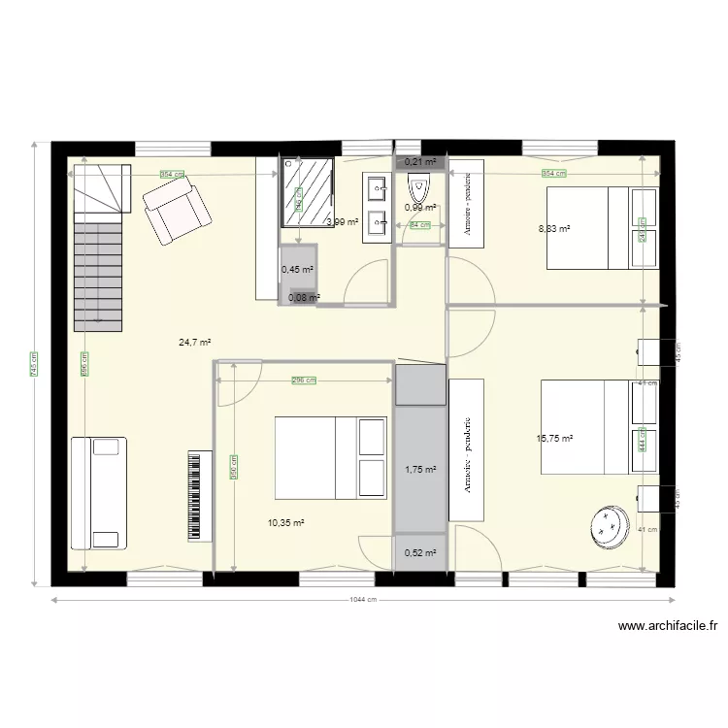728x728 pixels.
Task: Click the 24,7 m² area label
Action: [195, 342]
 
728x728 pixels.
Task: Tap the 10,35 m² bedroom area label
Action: [285, 522]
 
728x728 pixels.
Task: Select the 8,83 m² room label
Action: [554, 229]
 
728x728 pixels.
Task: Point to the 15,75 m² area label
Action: [554, 438]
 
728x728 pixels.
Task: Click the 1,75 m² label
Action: [419, 470]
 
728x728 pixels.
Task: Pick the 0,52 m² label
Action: [419, 553]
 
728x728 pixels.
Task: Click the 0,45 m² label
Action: [297, 270]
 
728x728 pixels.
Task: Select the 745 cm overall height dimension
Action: [35, 364]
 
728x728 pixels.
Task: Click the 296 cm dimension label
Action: [304, 381]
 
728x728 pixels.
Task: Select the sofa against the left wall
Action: [98, 492]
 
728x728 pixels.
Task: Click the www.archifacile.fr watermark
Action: [667, 627]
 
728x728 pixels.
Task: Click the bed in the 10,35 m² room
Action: [330, 456]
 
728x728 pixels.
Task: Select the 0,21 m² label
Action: [419, 162]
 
